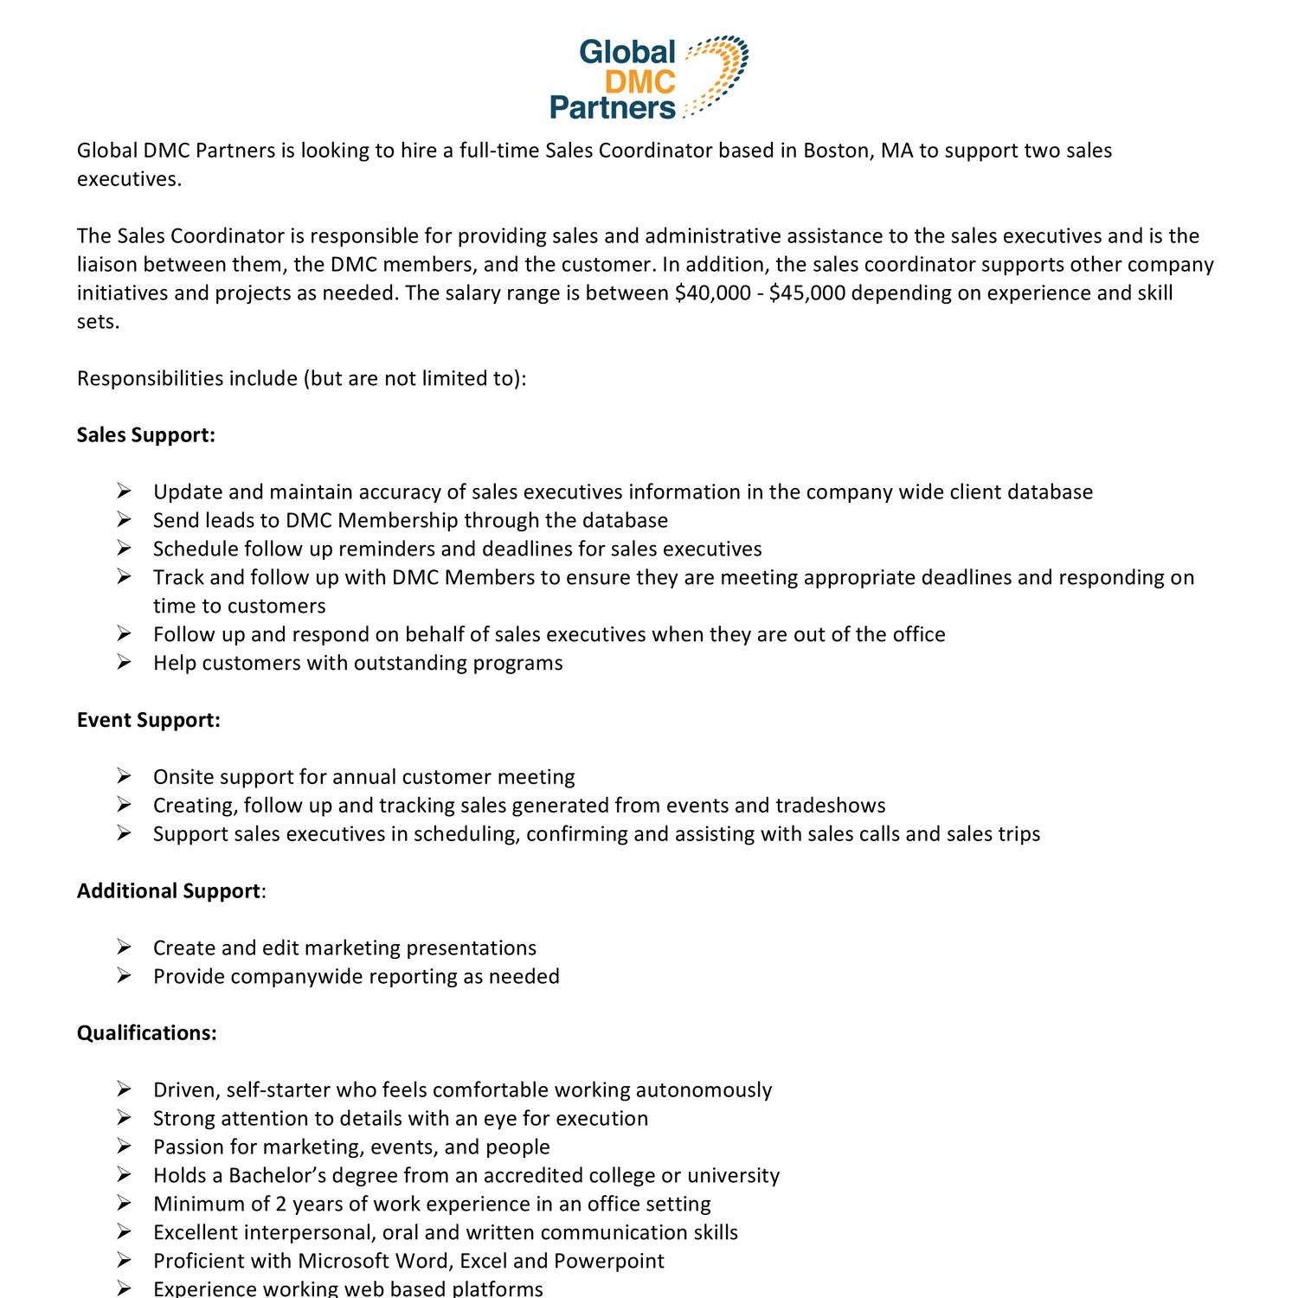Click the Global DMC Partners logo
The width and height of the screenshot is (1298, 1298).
649,78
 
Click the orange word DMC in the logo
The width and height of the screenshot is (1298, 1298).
639,81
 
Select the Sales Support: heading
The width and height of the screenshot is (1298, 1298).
145,435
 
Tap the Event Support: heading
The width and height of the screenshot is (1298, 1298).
148,720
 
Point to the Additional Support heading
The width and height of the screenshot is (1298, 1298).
169,891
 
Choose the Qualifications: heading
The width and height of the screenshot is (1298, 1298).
146,1033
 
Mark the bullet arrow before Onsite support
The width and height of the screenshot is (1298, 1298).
124,777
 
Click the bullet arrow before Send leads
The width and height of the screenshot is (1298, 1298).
124,520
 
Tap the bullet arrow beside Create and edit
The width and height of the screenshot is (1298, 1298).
124,948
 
